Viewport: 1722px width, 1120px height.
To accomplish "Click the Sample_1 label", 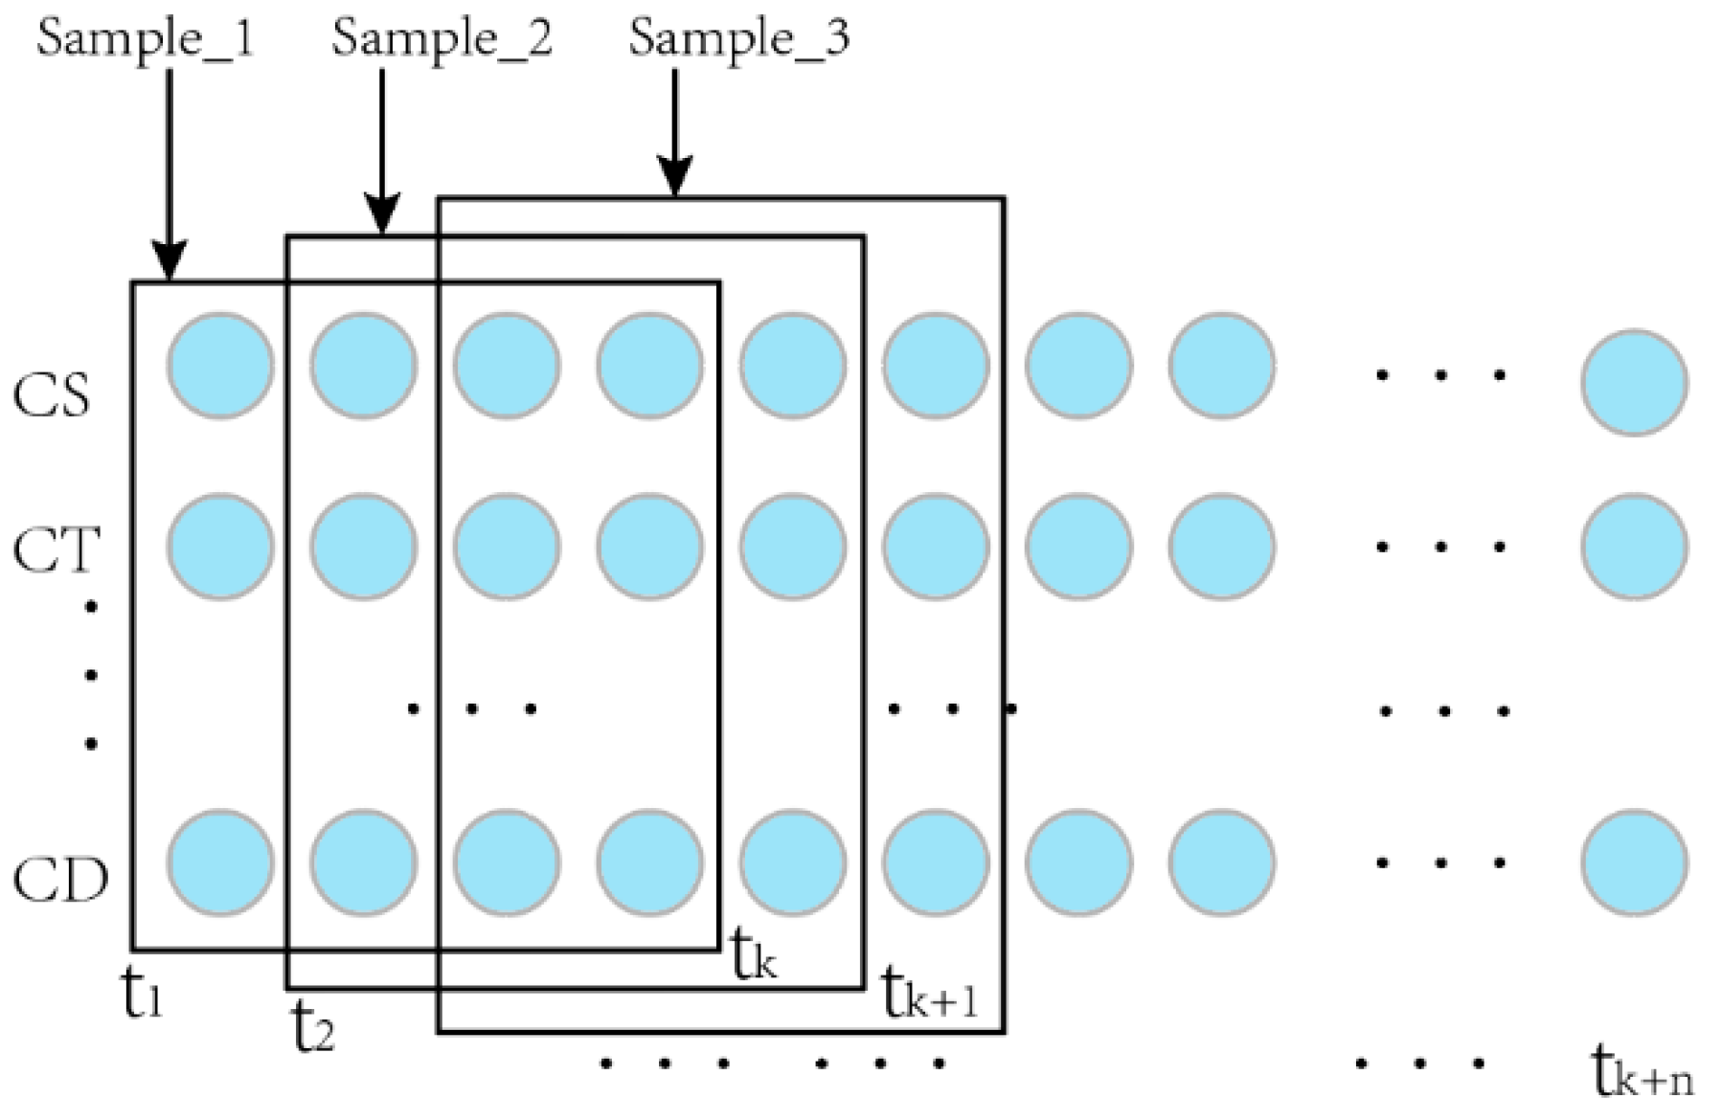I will pyautogui.click(x=146, y=40).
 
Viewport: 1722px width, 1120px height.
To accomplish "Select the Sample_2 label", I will pyautogui.click(x=442, y=40).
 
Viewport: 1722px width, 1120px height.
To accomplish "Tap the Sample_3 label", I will pyautogui.click(x=739, y=40).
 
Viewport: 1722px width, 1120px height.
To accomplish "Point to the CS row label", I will pyautogui.click(x=53, y=393).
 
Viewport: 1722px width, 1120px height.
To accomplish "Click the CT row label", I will pyautogui.click(x=57, y=550).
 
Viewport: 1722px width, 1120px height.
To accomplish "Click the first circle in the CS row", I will pyautogui.click(x=220, y=365).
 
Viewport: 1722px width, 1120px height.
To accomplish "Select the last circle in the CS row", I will pyautogui.click(x=1634, y=382).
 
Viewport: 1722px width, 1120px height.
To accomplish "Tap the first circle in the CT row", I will pyautogui.click(x=220, y=547).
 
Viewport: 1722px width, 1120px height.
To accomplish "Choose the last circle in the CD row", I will pyautogui.click(x=1634, y=862).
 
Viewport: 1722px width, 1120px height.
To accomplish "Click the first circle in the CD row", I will pyautogui.click(x=220, y=862).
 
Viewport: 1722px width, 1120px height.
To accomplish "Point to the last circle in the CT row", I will pyautogui.click(x=1634, y=547).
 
